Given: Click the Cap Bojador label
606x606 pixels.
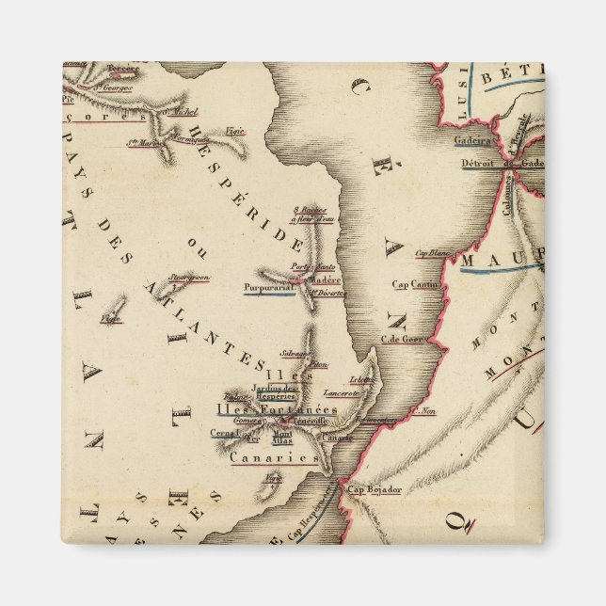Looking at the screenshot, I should [x=375, y=489].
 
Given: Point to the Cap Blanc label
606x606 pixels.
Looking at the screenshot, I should [x=434, y=252].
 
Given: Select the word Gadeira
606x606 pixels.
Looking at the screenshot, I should [x=473, y=140].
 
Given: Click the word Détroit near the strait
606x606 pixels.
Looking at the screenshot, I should [x=479, y=163].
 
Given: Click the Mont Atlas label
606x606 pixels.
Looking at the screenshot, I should [x=281, y=437].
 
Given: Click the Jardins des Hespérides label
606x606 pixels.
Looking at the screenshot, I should [x=276, y=392].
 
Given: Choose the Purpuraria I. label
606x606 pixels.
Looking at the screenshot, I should [x=268, y=288].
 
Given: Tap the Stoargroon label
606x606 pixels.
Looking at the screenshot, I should [x=188, y=278].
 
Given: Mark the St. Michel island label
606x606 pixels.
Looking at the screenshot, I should [x=180, y=111].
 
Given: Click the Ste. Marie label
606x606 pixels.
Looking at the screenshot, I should [x=143, y=143].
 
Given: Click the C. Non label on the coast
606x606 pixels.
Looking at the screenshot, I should [x=424, y=410].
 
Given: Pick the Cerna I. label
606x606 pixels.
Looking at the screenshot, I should [x=223, y=433].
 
